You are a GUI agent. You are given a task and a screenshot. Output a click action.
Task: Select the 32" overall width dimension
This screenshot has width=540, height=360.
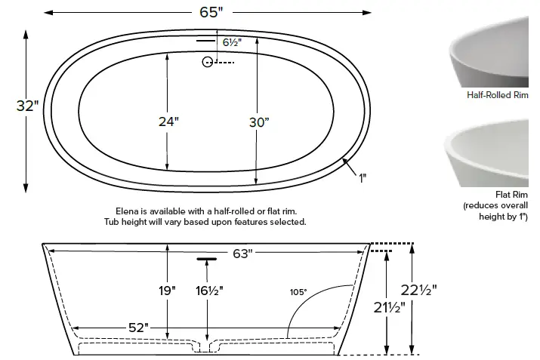click(27, 106)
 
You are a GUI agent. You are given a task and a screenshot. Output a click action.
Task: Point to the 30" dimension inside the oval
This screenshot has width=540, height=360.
click(258, 122)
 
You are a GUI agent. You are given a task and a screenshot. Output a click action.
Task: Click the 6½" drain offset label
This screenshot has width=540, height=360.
click(231, 43)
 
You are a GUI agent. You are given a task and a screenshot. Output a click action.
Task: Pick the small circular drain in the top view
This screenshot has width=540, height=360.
click(207, 63)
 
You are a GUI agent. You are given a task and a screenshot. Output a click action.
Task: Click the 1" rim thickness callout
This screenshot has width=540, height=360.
click(363, 179)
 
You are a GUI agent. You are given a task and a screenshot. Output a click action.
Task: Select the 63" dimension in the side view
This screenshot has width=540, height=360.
click(241, 254)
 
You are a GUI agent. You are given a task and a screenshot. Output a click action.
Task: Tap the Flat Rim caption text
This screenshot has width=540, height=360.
click(522, 195)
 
